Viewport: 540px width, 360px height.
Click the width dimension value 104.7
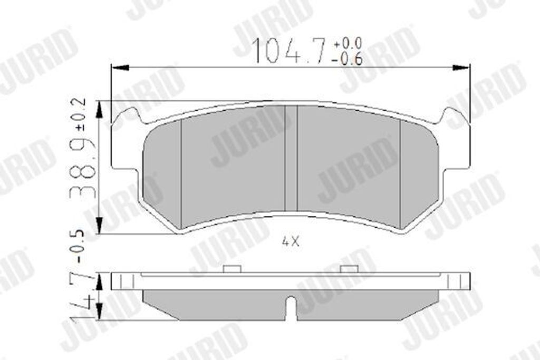pyautogui.click(x=290, y=51)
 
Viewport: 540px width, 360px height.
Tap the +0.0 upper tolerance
pyautogui.click(x=347, y=43)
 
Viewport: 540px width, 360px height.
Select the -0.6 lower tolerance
pyautogui.click(x=347, y=59)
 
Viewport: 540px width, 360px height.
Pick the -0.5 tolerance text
pyautogui.click(x=79, y=247)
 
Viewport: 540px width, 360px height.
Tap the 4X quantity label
pyautogui.click(x=291, y=242)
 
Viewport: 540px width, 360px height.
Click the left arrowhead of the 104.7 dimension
pyautogui.click(x=120, y=68)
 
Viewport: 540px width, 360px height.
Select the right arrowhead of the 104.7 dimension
pyautogui.click(x=461, y=68)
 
